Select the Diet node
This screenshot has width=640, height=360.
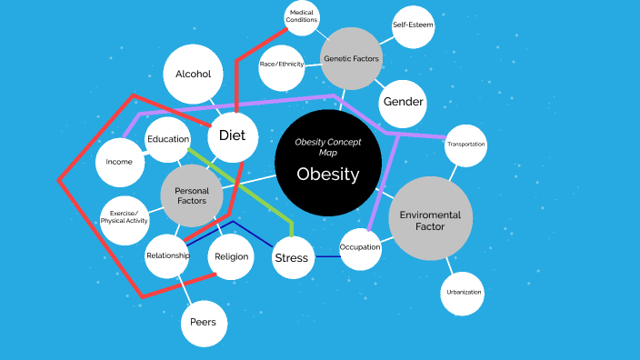point(233,135)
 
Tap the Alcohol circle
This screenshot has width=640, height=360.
point(193,75)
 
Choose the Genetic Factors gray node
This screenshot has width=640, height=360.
point(352,59)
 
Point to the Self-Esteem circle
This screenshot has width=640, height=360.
point(413,25)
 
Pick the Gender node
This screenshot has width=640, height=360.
point(403,101)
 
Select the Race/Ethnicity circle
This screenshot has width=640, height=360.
point(282,65)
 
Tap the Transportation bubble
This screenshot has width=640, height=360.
point(465,145)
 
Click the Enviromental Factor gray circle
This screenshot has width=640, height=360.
point(431,219)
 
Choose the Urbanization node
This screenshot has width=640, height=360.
point(463,293)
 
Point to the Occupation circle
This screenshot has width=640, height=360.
point(360,247)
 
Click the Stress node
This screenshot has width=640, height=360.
point(292,257)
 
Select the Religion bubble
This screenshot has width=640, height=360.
point(231,256)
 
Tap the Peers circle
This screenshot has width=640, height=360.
point(204,323)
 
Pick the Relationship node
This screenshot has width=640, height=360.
point(168,255)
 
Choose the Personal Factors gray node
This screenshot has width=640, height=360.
point(192,195)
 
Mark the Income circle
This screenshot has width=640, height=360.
point(119,162)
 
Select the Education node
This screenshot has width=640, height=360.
point(168,139)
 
